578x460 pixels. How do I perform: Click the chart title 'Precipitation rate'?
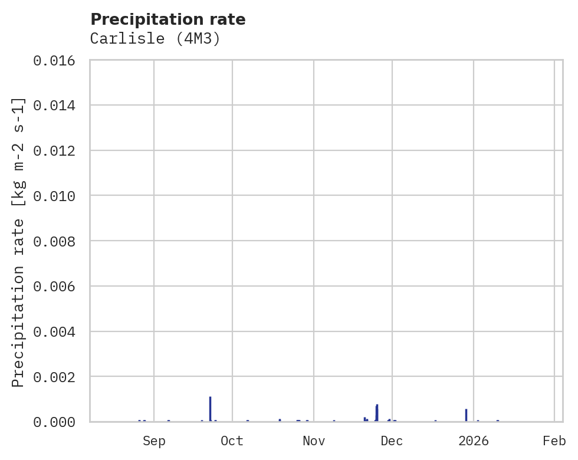(168, 19)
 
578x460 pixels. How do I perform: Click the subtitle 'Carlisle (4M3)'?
(155, 39)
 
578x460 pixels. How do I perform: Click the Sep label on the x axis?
(154, 441)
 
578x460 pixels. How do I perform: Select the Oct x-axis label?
(232, 441)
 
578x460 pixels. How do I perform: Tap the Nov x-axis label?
(314, 441)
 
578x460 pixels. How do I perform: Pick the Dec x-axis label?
(392, 441)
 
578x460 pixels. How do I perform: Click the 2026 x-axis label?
(474, 441)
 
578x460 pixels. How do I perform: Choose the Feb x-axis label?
(554, 441)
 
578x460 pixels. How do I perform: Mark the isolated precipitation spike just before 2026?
(466, 415)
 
